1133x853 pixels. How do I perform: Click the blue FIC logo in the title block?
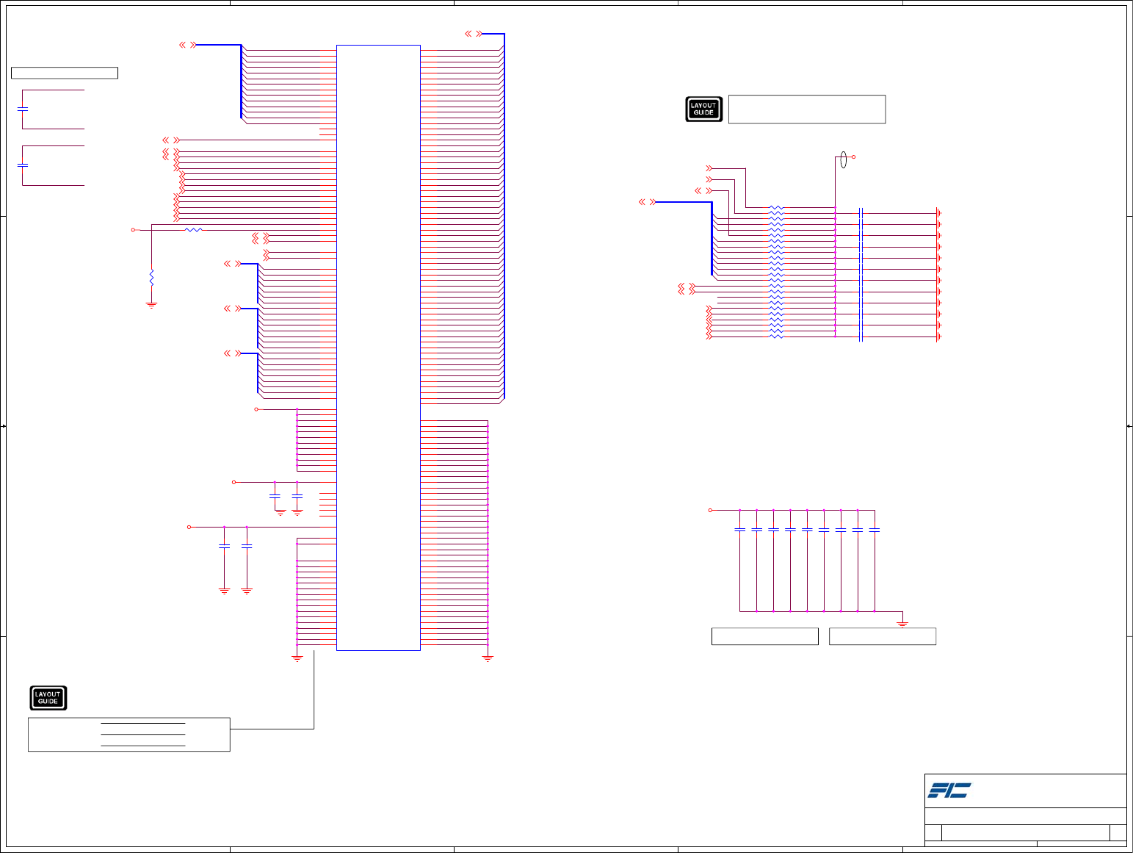click(x=949, y=791)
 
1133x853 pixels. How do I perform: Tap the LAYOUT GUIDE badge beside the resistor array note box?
click(x=703, y=109)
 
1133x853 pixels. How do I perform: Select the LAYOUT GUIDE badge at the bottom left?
click(x=48, y=697)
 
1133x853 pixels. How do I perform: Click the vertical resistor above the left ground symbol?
click(x=152, y=278)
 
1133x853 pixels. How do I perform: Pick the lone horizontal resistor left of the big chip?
click(x=193, y=230)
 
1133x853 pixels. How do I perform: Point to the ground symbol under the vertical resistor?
click(x=152, y=304)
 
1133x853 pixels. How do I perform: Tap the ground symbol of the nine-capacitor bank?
click(x=902, y=624)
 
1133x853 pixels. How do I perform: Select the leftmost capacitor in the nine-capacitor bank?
click(x=739, y=530)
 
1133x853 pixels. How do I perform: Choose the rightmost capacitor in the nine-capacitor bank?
click(x=874, y=530)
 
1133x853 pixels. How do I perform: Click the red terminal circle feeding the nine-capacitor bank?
click(x=710, y=510)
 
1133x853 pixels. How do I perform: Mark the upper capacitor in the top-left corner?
click(x=23, y=109)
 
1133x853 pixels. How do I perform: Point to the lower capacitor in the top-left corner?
click(x=23, y=165)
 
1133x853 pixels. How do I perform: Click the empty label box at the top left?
click(x=65, y=73)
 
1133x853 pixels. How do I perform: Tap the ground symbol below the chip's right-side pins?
click(x=488, y=658)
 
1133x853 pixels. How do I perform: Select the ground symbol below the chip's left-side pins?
click(x=297, y=658)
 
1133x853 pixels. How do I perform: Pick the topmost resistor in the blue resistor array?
click(x=776, y=208)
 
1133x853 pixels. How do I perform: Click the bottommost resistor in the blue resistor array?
click(x=776, y=336)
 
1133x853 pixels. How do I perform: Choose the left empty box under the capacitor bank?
click(x=764, y=636)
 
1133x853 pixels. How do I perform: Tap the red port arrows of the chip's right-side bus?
click(x=474, y=34)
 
